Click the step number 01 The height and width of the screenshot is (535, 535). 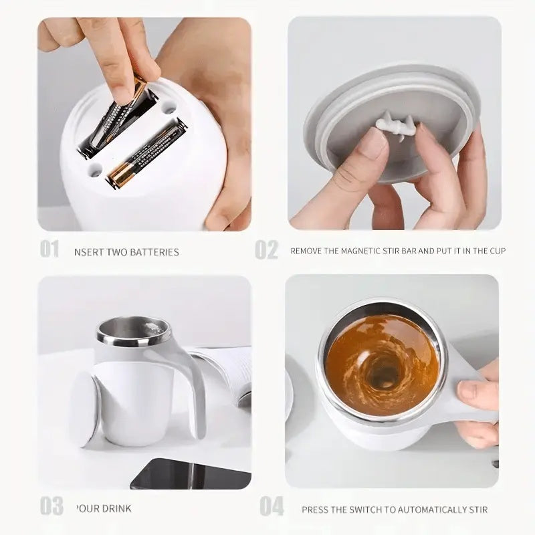point(50,250)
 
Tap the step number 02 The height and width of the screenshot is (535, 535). point(266,250)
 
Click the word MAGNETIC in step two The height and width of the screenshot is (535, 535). point(366,251)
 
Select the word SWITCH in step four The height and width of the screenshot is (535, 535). point(364,510)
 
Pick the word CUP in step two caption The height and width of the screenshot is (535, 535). point(496,251)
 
